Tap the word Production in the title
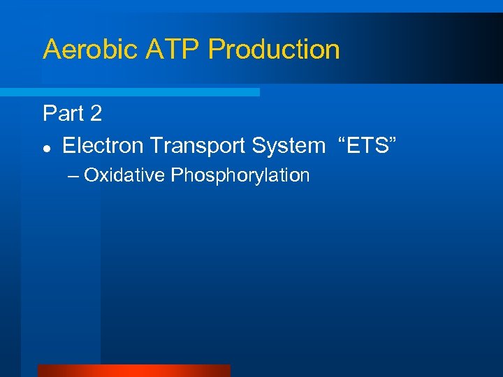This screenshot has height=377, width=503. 274,50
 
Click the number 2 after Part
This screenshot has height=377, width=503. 95,113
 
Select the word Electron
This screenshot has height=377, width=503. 103,145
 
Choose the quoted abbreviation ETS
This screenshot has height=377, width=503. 367,145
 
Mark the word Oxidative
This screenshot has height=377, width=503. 124,175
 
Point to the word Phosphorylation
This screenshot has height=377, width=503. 240,175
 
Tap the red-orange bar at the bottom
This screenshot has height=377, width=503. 133,371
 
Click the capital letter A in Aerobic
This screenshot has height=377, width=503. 52,50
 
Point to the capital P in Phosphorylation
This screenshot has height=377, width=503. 176,175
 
